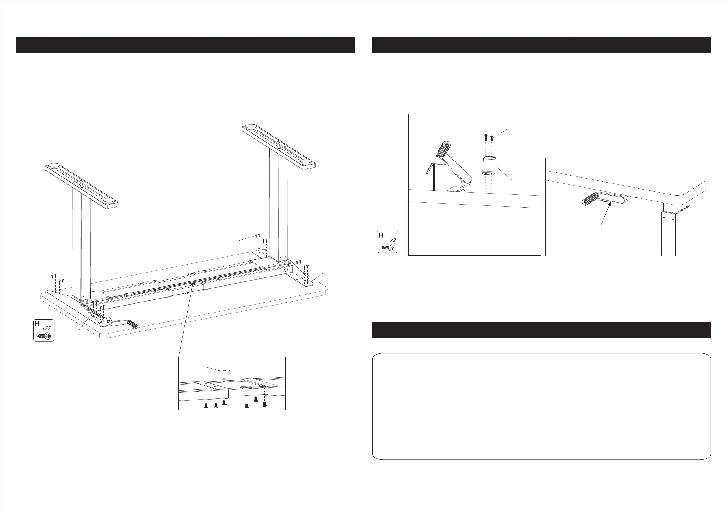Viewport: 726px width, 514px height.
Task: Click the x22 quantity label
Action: click(x=47, y=328)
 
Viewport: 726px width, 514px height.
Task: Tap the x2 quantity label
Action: click(x=393, y=240)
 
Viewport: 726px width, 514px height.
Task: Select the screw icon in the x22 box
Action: click(x=45, y=336)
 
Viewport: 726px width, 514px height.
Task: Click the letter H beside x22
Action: click(x=37, y=324)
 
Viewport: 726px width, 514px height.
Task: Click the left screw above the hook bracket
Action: click(x=486, y=137)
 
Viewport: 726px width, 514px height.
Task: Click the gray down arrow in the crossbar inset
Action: click(x=224, y=378)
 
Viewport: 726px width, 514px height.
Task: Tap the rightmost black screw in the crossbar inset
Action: click(x=265, y=404)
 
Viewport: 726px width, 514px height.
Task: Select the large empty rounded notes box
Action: click(x=541, y=406)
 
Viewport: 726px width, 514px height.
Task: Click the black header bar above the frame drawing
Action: click(x=185, y=45)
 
